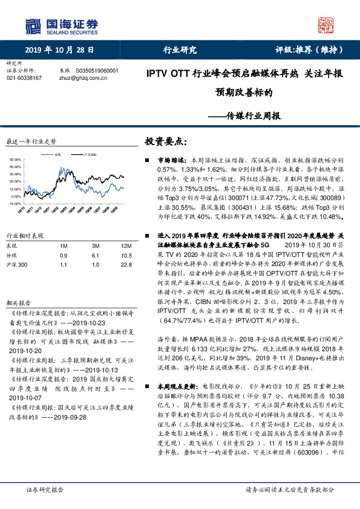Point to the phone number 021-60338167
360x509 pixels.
[24, 78]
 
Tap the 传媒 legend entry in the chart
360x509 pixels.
[57, 155]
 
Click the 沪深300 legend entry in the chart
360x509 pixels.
[90, 155]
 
